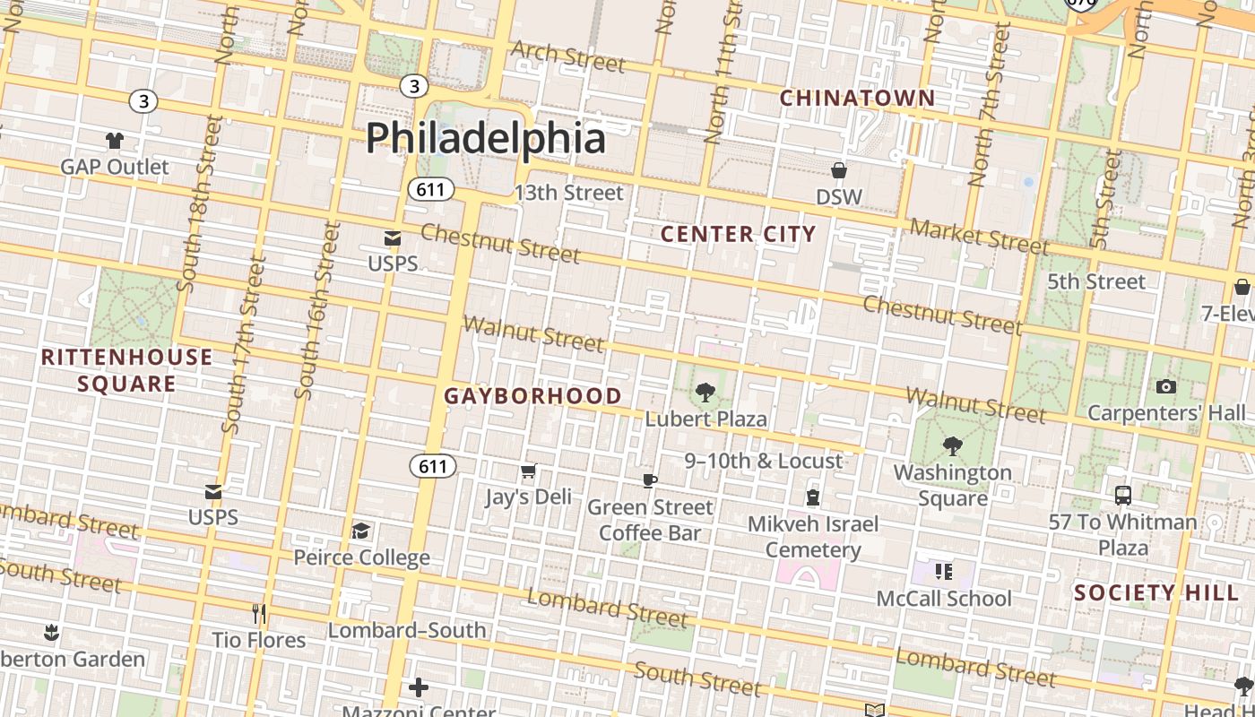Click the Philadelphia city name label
[x=485, y=139]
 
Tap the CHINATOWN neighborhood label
[x=857, y=98]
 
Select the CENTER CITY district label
[x=739, y=234]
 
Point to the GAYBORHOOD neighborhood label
[x=532, y=396]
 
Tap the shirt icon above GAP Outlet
[x=115, y=141]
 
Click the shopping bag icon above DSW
[x=839, y=170]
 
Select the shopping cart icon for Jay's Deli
[x=529, y=471]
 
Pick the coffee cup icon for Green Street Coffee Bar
[x=650, y=481]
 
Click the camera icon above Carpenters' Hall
[x=1165, y=387]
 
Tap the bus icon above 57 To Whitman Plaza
[x=1122, y=496]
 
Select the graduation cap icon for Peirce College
[x=360, y=531]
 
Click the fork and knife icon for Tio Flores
[x=259, y=614]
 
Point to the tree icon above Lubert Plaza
[x=705, y=392]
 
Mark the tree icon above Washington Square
[x=952, y=445]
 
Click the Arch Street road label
[x=567, y=56]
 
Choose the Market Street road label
[x=978, y=236]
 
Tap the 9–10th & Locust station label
[x=764, y=461]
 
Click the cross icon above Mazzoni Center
[x=419, y=687]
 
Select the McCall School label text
[x=943, y=599]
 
